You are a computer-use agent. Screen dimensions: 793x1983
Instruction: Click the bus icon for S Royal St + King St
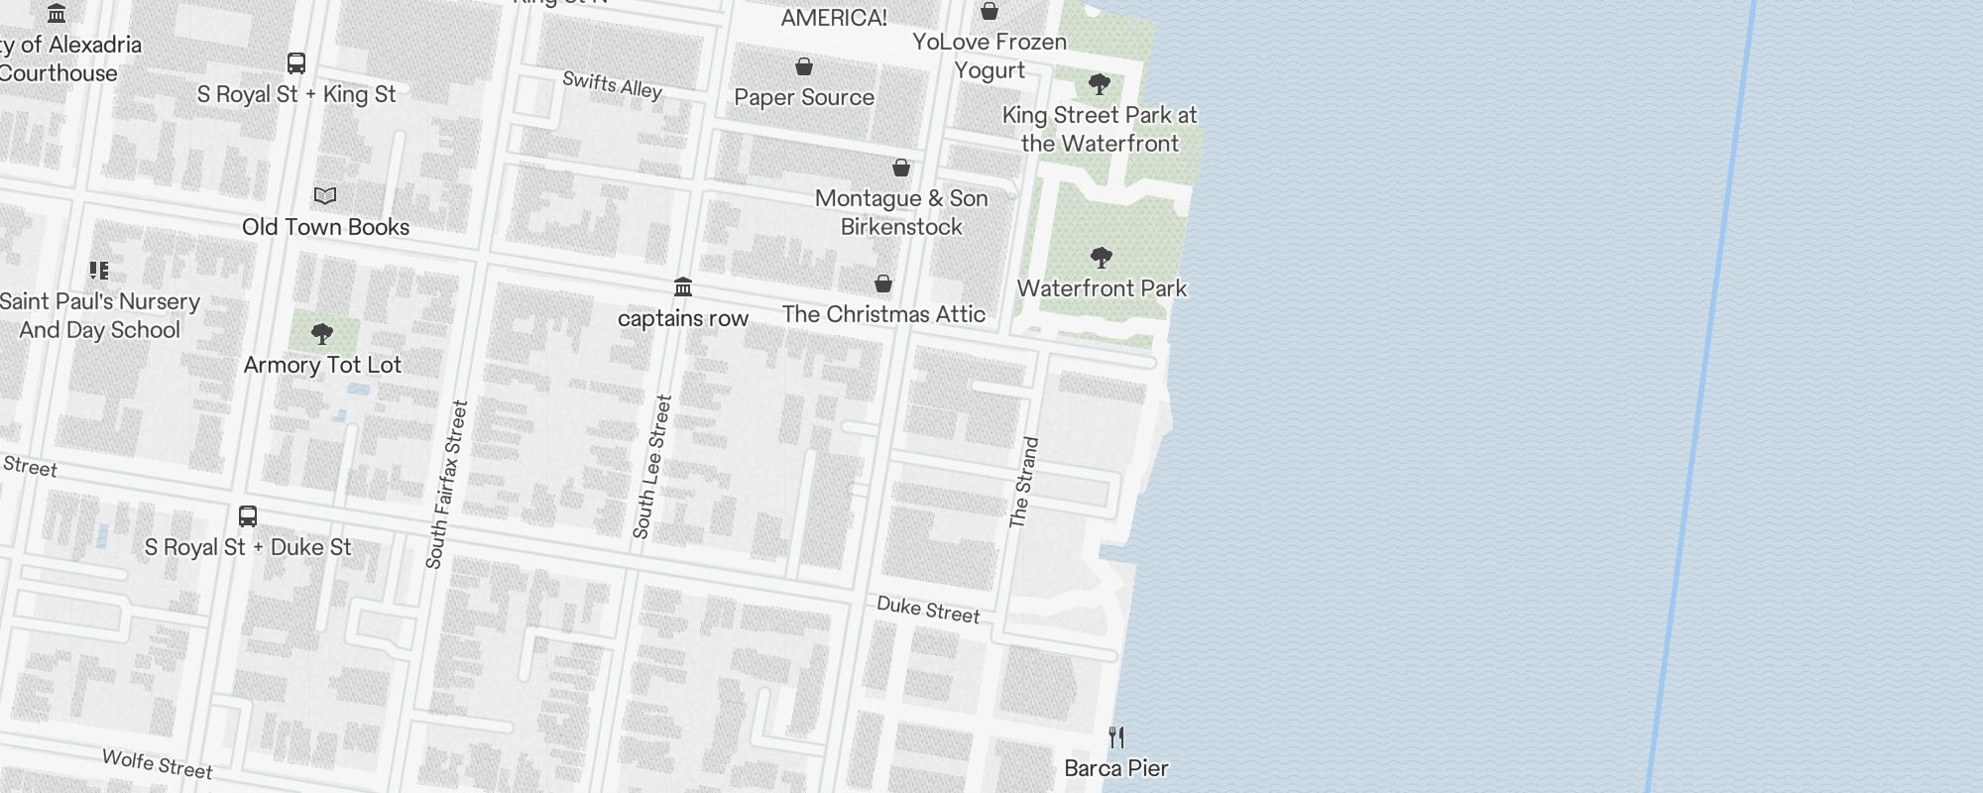pyautogui.click(x=295, y=63)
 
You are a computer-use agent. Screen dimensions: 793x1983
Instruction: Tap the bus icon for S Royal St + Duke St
pyautogui.click(x=248, y=516)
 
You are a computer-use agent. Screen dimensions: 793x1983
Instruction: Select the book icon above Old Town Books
pyautogui.click(x=325, y=196)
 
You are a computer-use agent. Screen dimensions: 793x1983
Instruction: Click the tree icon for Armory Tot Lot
pyautogui.click(x=321, y=334)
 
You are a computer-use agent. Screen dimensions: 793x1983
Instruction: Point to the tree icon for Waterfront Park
pyautogui.click(x=1101, y=259)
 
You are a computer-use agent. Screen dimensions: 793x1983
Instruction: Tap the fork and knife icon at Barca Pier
pyautogui.click(x=1116, y=737)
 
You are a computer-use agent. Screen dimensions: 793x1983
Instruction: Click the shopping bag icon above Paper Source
pyautogui.click(x=804, y=67)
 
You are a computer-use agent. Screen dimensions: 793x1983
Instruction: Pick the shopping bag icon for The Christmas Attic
pyautogui.click(x=883, y=284)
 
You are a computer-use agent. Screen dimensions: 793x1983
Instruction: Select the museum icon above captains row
pyautogui.click(x=683, y=287)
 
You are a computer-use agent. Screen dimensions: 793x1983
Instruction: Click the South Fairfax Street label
pyautogui.click(x=445, y=485)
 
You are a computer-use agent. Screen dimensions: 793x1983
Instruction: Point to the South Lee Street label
pyautogui.click(x=651, y=467)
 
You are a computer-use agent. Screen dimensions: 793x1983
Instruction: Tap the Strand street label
pyautogui.click(x=1023, y=483)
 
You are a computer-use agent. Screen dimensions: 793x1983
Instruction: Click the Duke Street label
pyautogui.click(x=928, y=610)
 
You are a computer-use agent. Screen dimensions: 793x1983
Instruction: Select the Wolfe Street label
pyautogui.click(x=157, y=764)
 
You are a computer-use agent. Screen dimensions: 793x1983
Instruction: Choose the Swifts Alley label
pyautogui.click(x=612, y=85)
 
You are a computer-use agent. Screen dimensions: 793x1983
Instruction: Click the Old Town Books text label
pyautogui.click(x=325, y=227)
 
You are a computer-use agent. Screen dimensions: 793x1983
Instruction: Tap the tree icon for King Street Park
pyautogui.click(x=1099, y=84)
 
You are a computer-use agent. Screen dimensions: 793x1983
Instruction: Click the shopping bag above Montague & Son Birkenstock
pyautogui.click(x=901, y=168)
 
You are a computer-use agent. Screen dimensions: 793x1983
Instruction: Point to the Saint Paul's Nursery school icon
pyautogui.click(x=99, y=271)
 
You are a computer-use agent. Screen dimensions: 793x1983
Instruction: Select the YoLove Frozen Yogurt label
pyautogui.click(x=990, y=56)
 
